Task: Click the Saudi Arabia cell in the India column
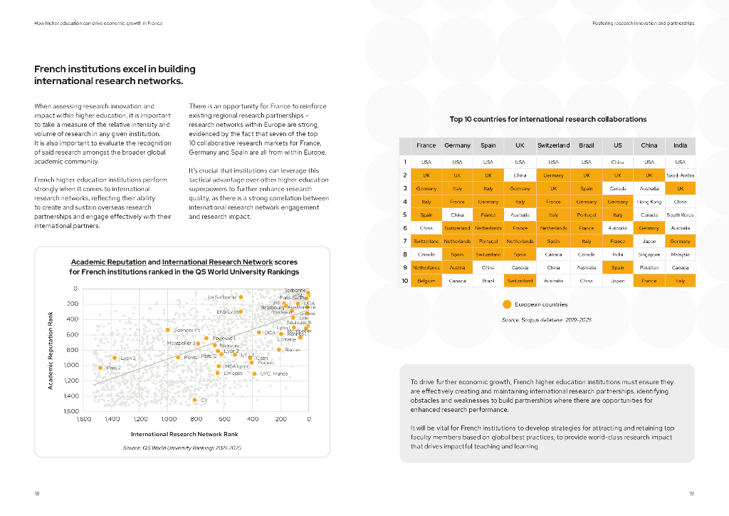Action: click(680, 175)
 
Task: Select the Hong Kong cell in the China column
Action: click(649, 202)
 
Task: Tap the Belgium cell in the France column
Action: click(426, 281)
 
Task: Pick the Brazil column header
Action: click(586, 145)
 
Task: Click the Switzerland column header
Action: click(553, 145)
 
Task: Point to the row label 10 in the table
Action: click(404, 281)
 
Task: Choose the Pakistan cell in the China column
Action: click(649, 267)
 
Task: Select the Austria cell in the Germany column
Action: click(457, 267)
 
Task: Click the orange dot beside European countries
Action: click(508, 304)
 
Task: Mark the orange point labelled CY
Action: click(194, 400)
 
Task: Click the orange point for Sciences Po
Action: click(167, 330)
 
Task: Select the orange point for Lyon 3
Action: click(115, 358)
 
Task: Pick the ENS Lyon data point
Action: click(241, 311)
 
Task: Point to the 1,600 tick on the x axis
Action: click(84, 419)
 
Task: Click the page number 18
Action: click(37, 493)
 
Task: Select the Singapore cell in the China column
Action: click(649, 254)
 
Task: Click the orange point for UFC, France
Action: click(254, 373)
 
